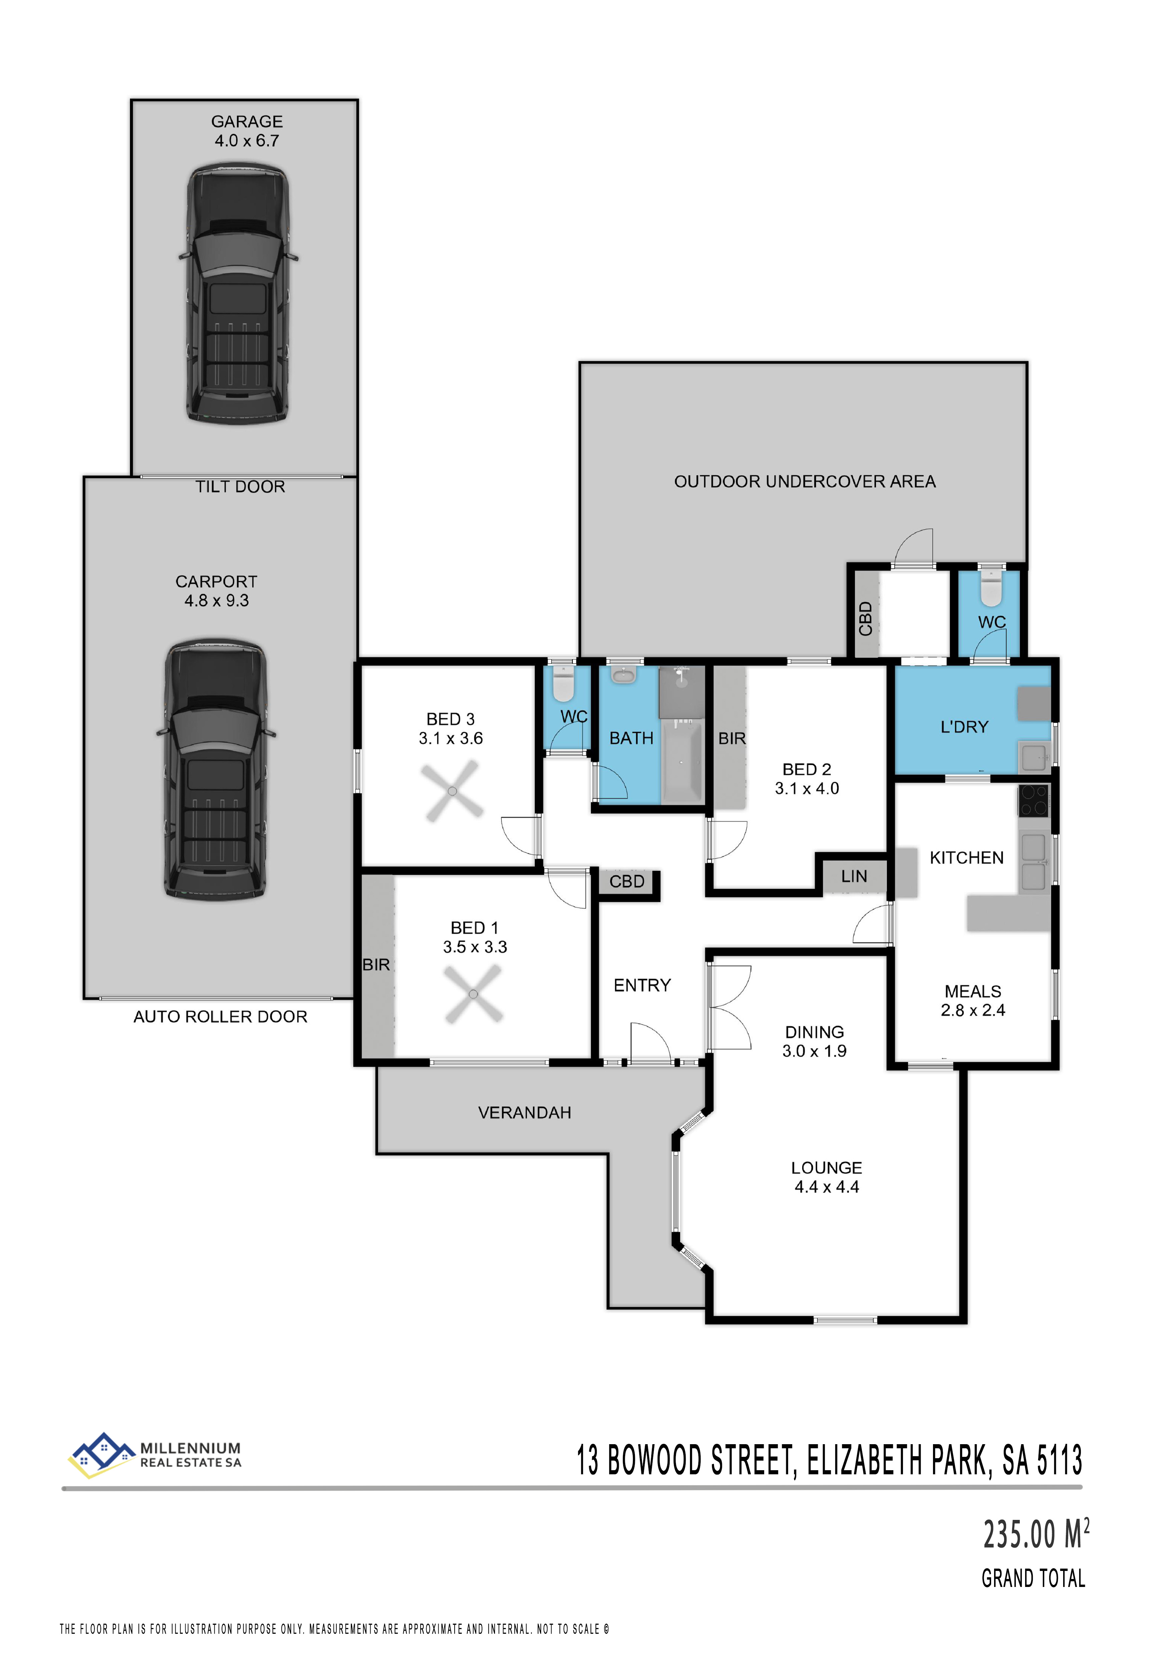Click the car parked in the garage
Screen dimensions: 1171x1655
point(239,294)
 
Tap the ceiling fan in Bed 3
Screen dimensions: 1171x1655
point(453,791)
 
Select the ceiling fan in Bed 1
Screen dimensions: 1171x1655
point(473,995)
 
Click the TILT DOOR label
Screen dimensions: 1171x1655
point(240,487)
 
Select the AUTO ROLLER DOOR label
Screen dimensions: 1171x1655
point(221,1017)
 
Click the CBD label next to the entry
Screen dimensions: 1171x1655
point(627,882)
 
